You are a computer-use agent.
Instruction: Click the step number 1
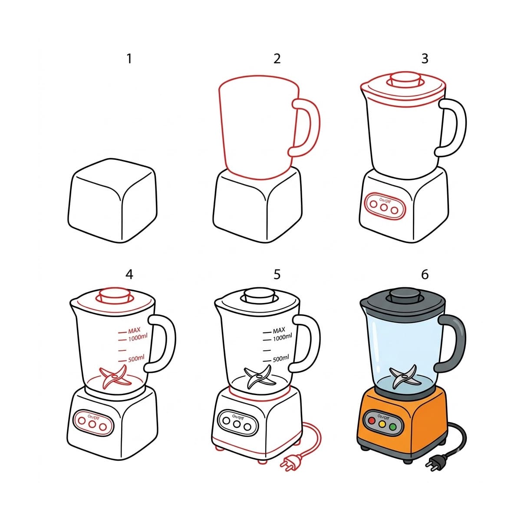[x=129, y=59]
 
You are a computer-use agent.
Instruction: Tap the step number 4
[x=129, y=274]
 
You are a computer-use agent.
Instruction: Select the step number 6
[x=425, y=274]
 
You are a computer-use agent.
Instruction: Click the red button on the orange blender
[x=371, y=421]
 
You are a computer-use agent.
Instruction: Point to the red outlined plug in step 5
[x=289, y=463]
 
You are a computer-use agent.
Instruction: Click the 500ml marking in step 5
[x=281, y=359]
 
